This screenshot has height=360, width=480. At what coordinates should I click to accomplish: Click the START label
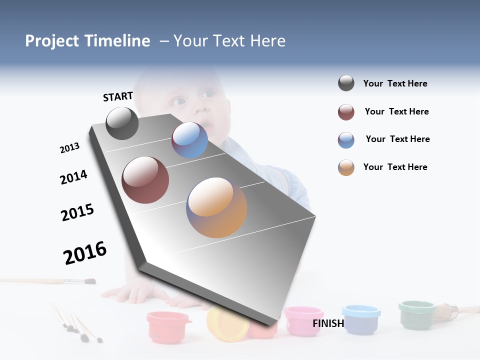118,96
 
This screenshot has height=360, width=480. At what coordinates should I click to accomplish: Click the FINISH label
328,323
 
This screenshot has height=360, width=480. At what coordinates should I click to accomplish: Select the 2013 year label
69,148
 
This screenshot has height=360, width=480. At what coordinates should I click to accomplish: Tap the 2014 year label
73,177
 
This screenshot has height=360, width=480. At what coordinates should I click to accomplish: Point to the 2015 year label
77,212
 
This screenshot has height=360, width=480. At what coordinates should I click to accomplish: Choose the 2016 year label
85,253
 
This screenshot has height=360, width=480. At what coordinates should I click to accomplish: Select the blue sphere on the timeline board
189,140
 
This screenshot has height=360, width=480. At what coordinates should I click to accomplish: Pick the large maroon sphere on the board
145,180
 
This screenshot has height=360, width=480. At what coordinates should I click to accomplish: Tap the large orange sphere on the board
216,207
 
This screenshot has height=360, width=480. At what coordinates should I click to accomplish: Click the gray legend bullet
346,83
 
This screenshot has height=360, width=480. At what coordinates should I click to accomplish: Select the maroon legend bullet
346,112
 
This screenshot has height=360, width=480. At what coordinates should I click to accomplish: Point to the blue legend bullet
346,140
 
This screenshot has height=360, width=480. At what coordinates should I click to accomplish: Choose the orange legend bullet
346,167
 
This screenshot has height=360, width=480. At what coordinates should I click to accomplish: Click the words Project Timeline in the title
87,41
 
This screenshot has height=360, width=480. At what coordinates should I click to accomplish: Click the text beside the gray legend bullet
395,83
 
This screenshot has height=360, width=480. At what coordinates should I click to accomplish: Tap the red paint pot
168,326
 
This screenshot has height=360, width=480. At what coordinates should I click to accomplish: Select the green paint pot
417,314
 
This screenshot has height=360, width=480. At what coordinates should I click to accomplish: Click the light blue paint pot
361,319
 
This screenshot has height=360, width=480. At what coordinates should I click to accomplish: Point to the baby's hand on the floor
131,292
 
